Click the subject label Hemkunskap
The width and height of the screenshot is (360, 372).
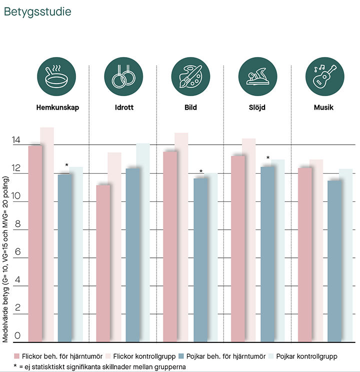(57, 107)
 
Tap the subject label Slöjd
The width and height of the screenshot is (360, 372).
(257, 107)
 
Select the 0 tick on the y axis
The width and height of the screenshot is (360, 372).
(17, 335)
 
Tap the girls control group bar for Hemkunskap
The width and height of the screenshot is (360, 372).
(47, 235)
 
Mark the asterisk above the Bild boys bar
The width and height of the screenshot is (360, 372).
(201, 172)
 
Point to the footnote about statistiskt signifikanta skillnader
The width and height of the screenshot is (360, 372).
(100, 366)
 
